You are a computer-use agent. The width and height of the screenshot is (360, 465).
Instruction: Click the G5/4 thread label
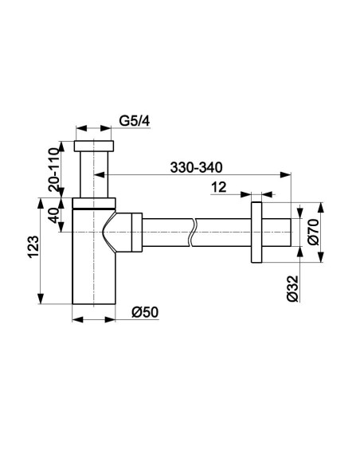point(135,121)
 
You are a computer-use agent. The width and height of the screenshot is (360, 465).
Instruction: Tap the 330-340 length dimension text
point(196,167)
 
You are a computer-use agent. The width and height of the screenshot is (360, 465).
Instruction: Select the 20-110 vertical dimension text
point(54,170)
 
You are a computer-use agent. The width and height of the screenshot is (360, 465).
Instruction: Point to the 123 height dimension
point(33,247)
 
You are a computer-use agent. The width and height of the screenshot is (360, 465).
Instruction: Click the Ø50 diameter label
point(145,312)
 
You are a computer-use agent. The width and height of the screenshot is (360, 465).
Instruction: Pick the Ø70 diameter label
point(313,232)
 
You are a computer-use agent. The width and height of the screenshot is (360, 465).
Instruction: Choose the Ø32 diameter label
point(292,288)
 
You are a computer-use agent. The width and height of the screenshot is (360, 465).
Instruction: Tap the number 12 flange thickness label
point(218,187)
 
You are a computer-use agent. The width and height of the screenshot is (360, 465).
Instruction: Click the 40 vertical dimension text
point(54,215)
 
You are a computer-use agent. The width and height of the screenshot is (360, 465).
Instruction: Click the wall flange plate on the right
point(256,232)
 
